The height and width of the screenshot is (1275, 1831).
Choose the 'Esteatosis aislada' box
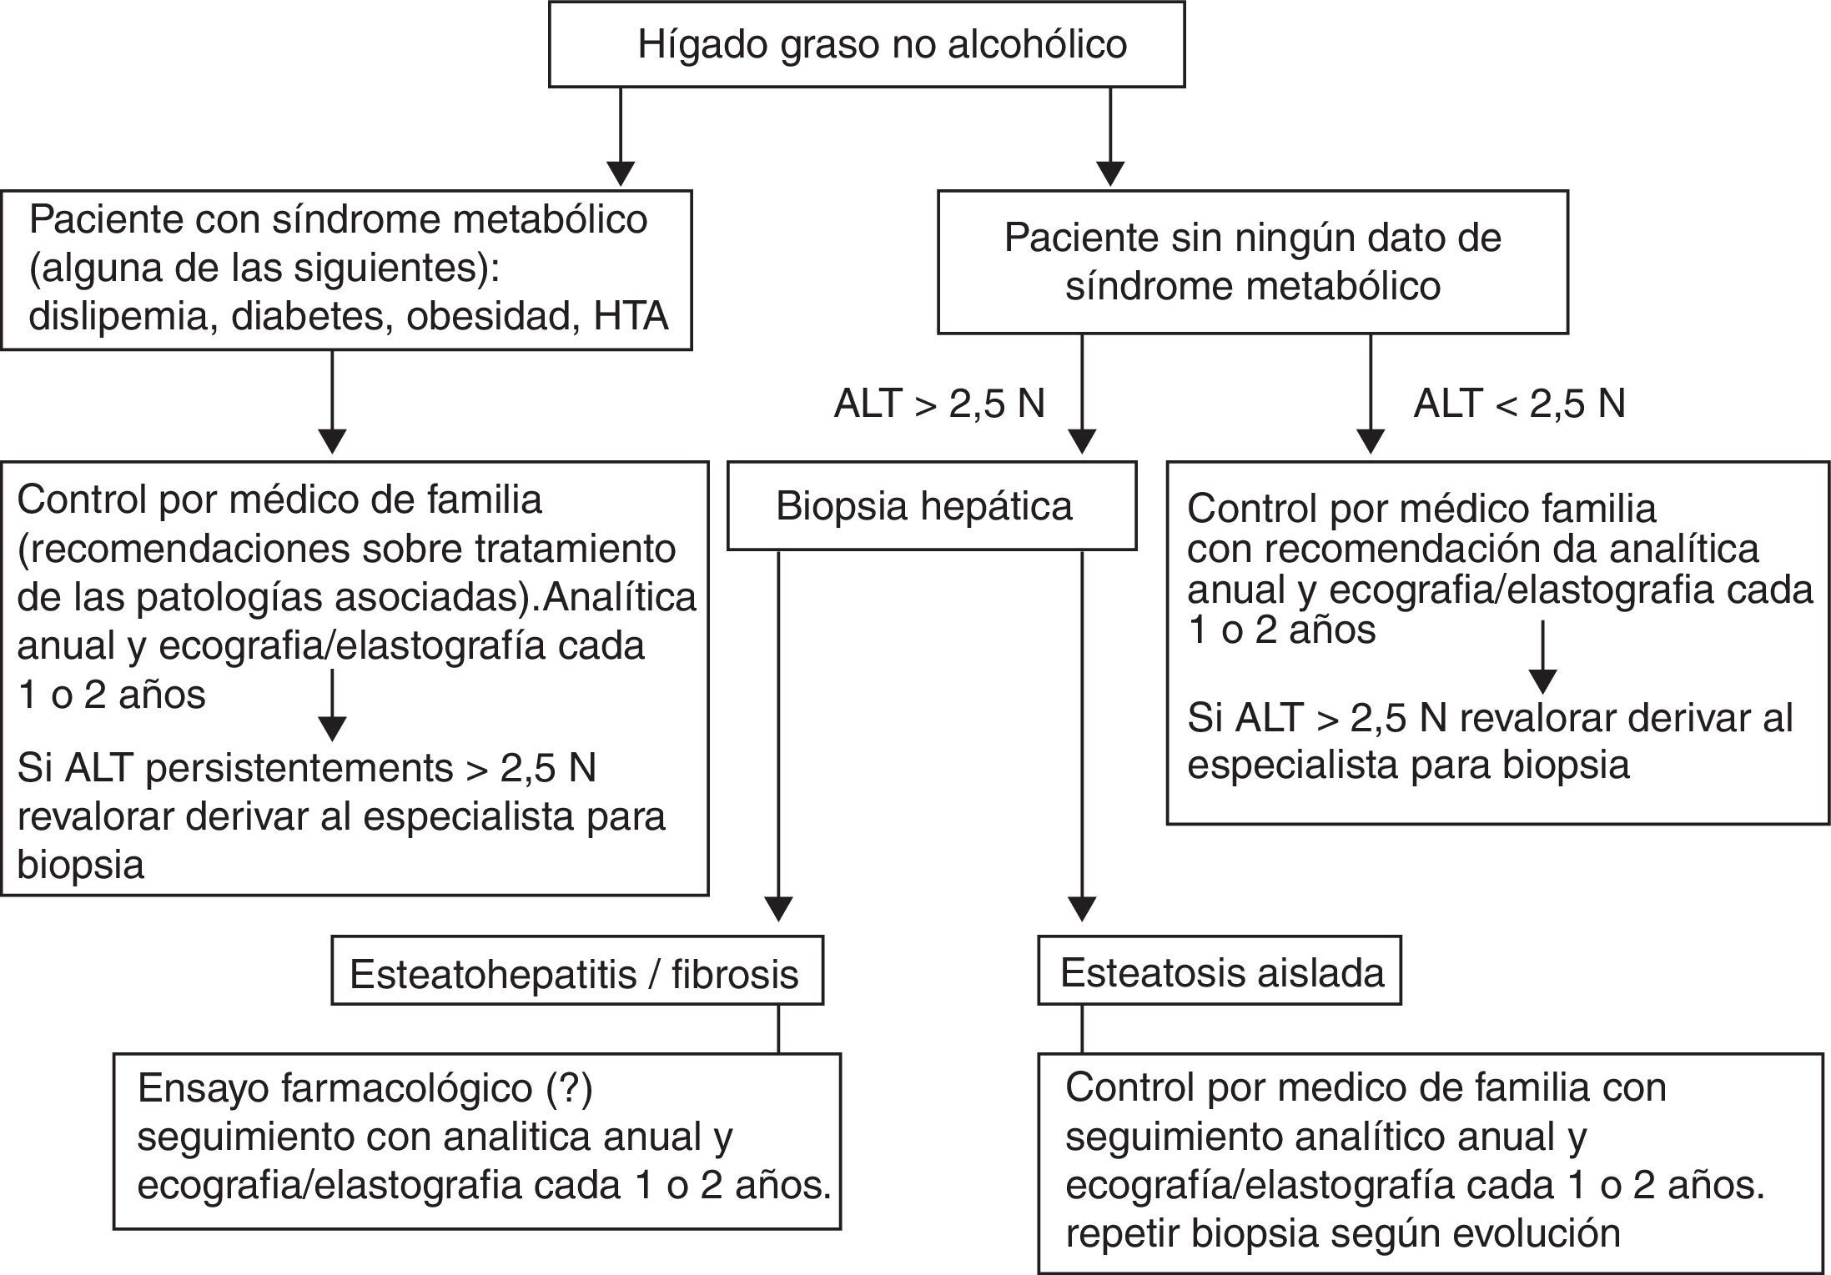pos(1219,972)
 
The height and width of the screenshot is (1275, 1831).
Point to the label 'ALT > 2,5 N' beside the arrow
pos(939,404)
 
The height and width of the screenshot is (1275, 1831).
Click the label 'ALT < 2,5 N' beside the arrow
pos(1519,404)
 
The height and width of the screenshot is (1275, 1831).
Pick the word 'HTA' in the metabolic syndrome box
pos(631,317)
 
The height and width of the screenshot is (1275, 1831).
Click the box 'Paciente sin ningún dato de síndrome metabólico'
pos(1252,262)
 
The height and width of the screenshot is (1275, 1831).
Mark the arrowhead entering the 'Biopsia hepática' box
pos(1082,442)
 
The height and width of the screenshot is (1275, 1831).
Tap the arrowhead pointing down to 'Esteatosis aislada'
pos(1082,909)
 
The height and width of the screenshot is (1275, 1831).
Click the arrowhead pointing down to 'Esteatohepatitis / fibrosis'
pos(778,909)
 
